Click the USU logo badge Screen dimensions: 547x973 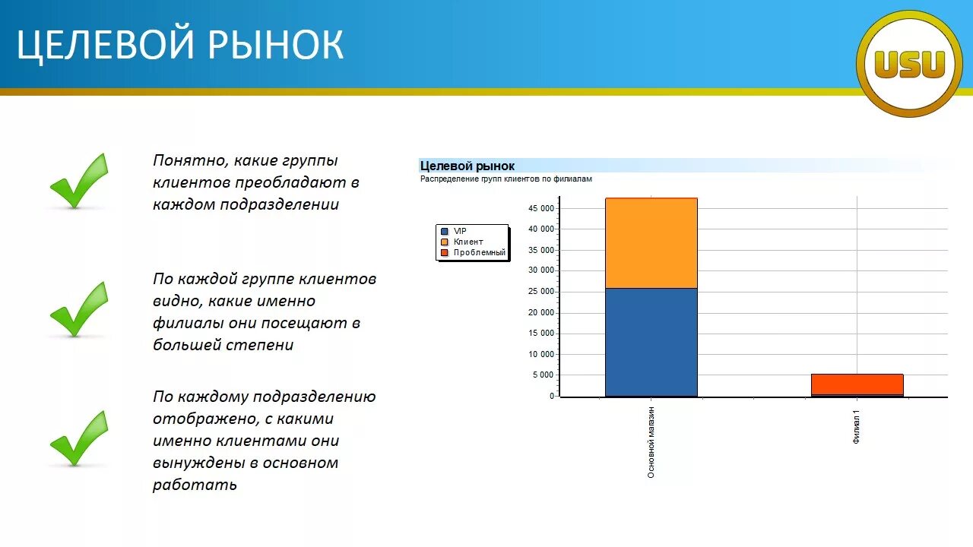909,64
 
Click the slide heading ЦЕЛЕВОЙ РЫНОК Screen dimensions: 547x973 180,45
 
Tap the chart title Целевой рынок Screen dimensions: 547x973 467,166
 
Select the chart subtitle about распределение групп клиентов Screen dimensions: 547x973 506,179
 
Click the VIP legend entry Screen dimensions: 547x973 460,230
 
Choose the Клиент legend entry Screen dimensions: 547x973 467,242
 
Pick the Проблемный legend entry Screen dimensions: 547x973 478,252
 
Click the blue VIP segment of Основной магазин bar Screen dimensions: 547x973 651,342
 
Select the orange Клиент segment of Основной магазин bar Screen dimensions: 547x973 651,243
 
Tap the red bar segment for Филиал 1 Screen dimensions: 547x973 857,384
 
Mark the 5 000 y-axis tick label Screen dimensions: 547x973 543,375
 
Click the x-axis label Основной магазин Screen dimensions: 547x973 651,443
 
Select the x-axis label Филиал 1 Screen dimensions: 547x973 857,428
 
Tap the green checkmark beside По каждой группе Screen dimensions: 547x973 78,309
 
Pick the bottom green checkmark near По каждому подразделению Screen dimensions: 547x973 78,438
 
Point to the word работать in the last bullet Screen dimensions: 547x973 195,485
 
